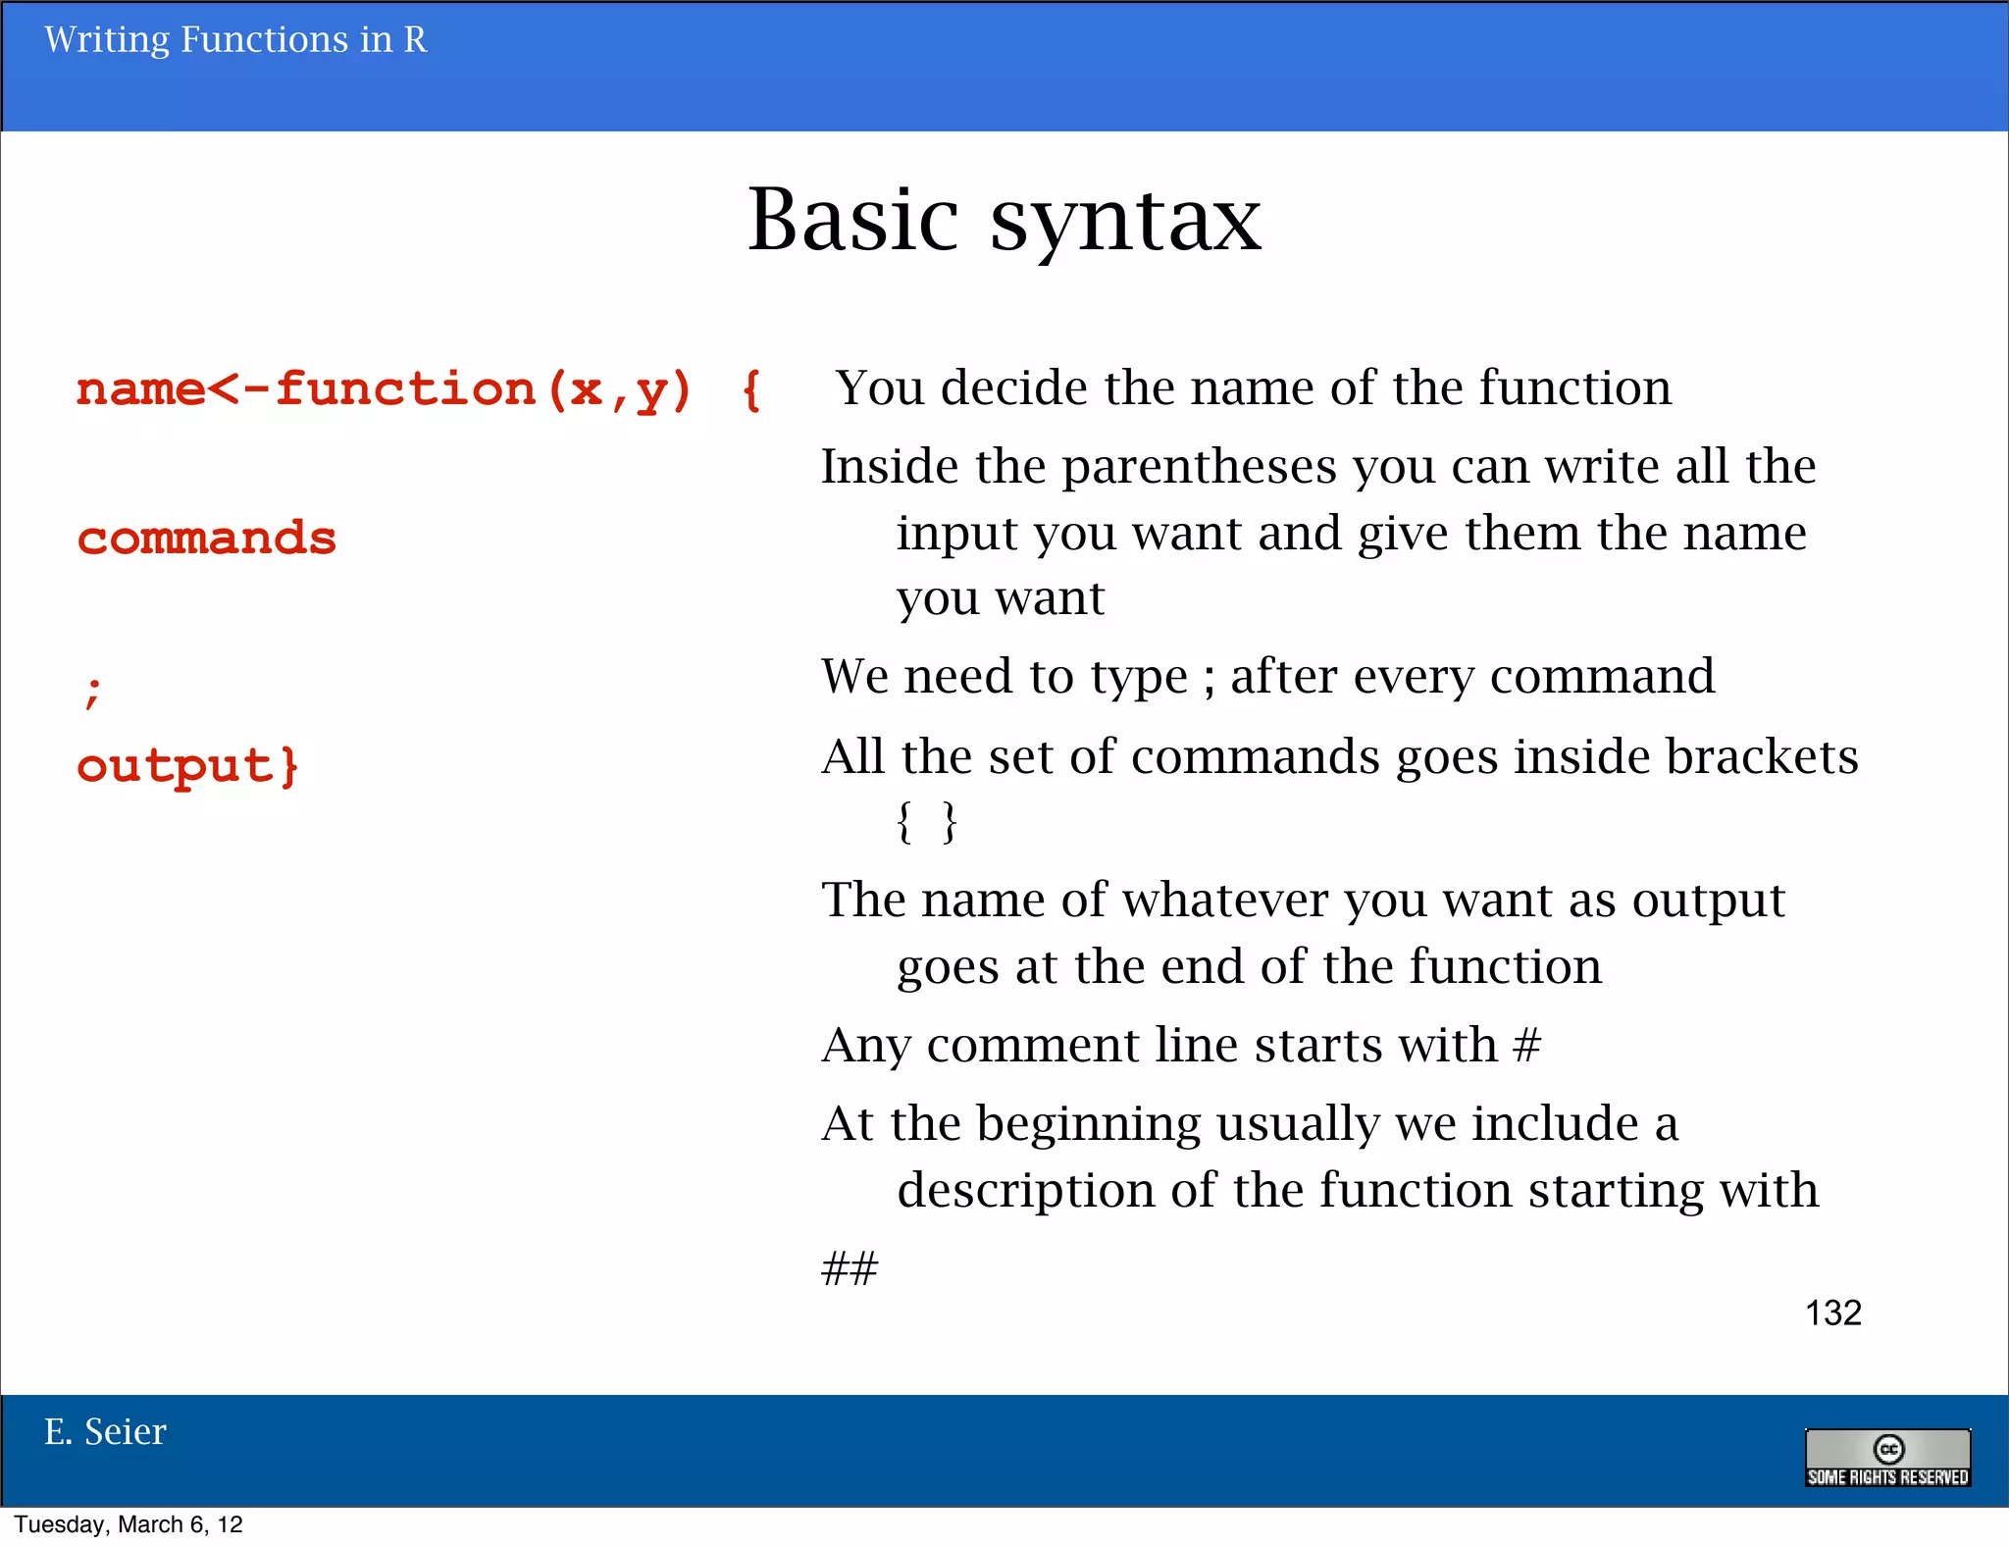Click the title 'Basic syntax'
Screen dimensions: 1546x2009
click(x=1004, y=221)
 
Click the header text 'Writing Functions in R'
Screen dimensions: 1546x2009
click(x=235, y=40)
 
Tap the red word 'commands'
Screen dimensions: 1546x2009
click(x=207, y=539)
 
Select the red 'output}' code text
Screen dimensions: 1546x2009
click(x=187, y=766)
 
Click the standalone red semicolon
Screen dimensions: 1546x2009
click(x=92, y=692)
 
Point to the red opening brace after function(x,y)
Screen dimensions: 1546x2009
click(x=751, y=390)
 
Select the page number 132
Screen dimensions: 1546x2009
click(x=1832, y=1313)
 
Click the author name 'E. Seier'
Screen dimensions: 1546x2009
click(x=105, y=1432)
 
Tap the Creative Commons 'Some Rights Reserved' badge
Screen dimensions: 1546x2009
click(x=1887, y=1458)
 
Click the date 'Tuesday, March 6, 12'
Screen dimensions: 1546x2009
click(x=129, y=1524)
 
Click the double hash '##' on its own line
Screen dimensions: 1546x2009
click(x=850, y=1268)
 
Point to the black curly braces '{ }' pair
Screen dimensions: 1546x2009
click(x=926, y=822)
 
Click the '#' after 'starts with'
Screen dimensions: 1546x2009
click(x=1526, y=1046)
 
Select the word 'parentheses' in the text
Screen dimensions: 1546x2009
click(x=1199, y=467)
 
